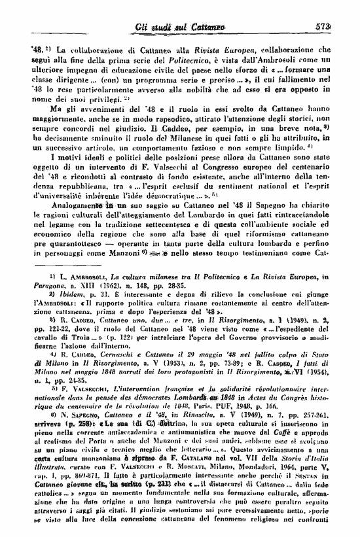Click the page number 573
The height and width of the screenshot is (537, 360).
pyautogui.click(x=341, y=26)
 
